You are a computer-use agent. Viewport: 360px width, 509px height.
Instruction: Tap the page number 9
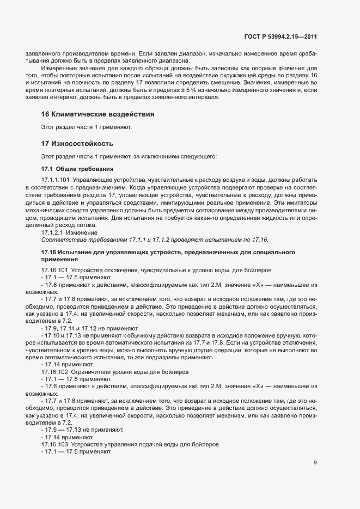tap(315, 463)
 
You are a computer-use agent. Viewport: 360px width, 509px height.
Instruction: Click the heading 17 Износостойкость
tap(77, 144)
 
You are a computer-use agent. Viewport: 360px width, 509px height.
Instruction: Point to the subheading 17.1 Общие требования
tap(77, 169)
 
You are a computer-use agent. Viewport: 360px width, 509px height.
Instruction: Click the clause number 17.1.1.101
tap(56, 179)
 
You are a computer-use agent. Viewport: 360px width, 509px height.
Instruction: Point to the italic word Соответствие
tap(60, 240)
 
